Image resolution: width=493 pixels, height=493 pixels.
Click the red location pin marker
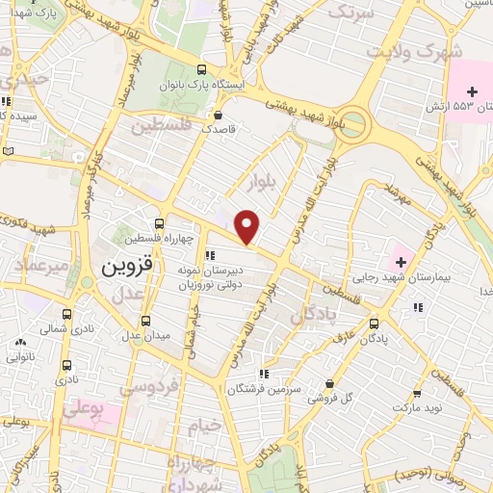click(248, 226)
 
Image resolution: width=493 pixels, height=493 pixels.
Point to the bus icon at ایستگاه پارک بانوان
click(200, 69)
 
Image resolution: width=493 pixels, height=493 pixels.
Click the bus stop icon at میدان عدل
click(145, 321)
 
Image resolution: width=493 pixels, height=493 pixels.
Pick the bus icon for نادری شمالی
click(66, 315)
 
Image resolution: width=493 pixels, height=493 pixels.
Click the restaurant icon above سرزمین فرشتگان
click(263, 375)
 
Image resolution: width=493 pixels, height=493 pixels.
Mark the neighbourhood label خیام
click(203, 425)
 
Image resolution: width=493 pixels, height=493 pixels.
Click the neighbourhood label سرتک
click(350, 13)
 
